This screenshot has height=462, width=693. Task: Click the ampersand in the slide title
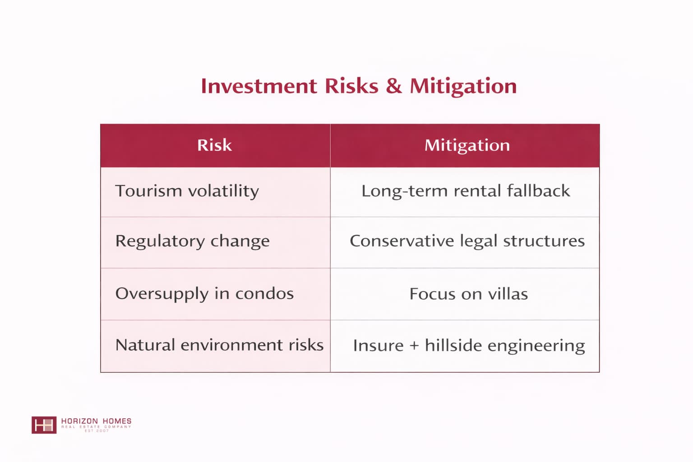[x=394, y=86]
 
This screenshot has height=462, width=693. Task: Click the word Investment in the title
[x=259, y=86]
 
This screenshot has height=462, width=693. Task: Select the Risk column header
[x=214, y=145]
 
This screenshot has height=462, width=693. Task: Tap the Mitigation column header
[x=467, y=145]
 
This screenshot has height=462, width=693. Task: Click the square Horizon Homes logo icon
[x=44, y=425]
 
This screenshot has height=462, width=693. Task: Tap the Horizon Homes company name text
[x=96, y=421]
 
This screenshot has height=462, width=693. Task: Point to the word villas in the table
[x=508, y=294]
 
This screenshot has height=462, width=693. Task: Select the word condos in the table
[x=264, y=294]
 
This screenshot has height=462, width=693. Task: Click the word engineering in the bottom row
[x=536, y=346]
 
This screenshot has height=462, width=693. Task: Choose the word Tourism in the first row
[x=148, y=191]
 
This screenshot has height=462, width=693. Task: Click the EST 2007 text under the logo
[x=97, y=431]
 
